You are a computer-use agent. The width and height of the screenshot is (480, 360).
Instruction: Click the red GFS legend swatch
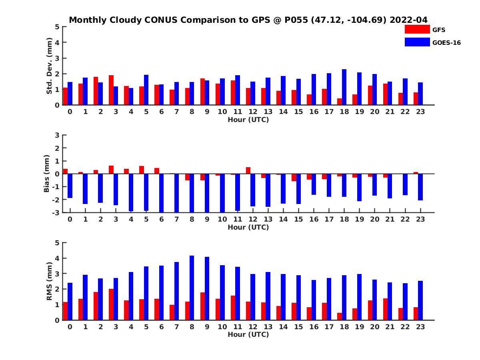pyautogui.click(x=417, y=29)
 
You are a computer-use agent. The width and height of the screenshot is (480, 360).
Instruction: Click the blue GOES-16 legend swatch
pyautogui.click(x=417, y=42)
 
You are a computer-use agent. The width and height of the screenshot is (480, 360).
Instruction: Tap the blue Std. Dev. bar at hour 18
pyautogui.click(x=344, y=87)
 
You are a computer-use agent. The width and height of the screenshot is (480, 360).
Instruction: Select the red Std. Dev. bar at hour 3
pyautogui.click(x=111, y=90)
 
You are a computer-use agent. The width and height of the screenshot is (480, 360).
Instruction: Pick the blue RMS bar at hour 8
pyautogui.click(x=192, y=288)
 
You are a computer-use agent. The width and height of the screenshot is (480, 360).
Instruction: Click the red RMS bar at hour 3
pyautogui.click(x=111, y=304)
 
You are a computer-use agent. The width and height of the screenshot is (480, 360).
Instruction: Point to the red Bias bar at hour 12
pyautogui.click(x=248, y=170)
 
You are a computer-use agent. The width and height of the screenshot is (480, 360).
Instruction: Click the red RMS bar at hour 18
pyautogui.click(x=340, y=316)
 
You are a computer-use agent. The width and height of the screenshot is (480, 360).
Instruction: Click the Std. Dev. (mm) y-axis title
pyautogui.click(x=50, y=66)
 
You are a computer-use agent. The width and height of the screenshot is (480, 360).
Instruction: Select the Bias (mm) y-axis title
pyautogui.click(x=47, y=173)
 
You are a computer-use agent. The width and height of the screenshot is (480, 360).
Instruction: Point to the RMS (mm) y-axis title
pyautogui.click(x=50, y=281)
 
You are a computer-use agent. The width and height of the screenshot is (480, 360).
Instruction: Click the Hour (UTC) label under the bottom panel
pyautogui.click(x=248, y=334)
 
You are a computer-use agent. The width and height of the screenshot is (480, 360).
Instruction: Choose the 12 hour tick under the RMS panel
pyautogui.click(x=253, y=326)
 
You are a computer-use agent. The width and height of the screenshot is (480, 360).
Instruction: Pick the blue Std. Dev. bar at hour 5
pyautogui.click(x=146, y=90)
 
